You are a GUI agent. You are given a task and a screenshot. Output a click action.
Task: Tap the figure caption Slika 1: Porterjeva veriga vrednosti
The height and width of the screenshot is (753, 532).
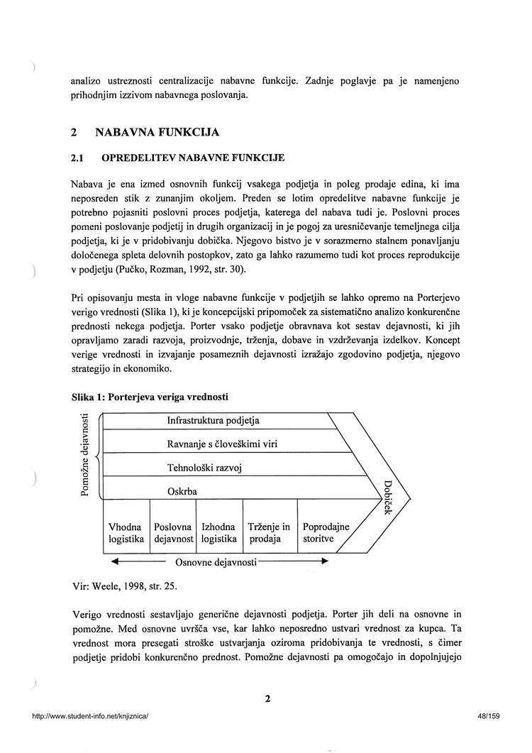(x=150, y=395)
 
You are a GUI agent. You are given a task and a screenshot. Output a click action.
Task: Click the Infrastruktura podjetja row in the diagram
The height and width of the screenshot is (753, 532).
(x=213, y=420)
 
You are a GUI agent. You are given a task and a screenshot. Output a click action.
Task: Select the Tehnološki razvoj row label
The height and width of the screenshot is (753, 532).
(x=205, y=468)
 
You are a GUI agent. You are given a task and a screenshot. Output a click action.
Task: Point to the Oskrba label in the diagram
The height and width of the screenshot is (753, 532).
(x=182, y=491)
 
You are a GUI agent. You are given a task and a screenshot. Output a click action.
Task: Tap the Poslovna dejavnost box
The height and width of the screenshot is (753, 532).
(x=173, y=533)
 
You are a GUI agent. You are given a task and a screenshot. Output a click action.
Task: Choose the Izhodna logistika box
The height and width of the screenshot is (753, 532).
(x=218, y=533)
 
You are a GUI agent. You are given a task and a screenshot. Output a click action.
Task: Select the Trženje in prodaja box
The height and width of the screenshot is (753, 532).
(x=270, y=533)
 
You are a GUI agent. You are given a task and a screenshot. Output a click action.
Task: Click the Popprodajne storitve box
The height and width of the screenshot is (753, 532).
(x=325, y=533)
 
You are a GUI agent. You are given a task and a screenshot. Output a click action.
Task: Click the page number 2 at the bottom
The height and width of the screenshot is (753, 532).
(x=268, y=698)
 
